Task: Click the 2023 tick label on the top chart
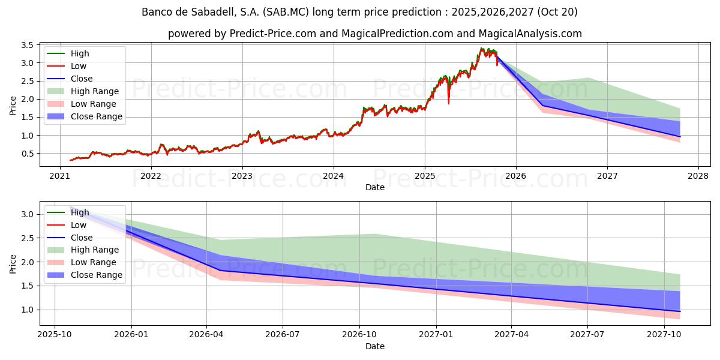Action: (x=242, y=176)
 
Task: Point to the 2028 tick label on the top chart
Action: (x=698, y=176)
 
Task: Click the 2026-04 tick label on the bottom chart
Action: (x=207, y=334)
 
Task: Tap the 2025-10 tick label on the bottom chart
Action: (x=55, y=334)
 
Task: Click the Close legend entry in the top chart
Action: (x=82, y=79)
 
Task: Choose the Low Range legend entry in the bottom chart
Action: (x=94, y=262)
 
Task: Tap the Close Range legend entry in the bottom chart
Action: (x=97, y=275)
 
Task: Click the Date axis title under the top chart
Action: (x=375, y=187)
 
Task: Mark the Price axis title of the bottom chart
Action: (x=13, y=263)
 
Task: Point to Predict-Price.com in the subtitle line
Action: (x=273, y=34)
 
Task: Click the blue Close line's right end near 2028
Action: (x=680, y=136)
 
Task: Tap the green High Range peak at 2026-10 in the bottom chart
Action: (x=374, y=235)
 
